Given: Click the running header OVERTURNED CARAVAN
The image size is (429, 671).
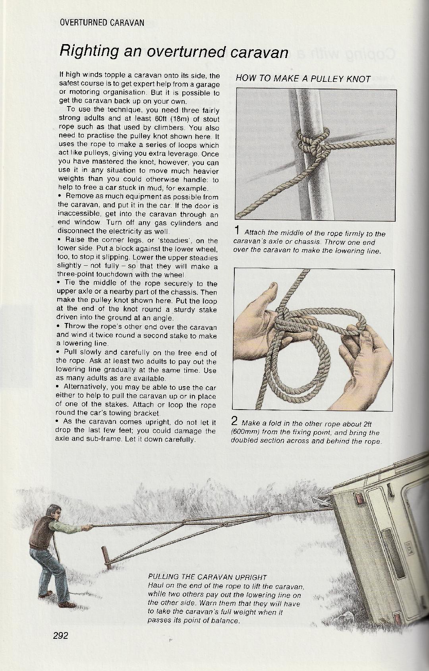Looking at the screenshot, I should click(x=102, y=23).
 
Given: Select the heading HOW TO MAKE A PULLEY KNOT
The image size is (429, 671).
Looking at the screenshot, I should click(x=303, y=78).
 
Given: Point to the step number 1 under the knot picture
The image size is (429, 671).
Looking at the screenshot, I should click(x=237, y=230).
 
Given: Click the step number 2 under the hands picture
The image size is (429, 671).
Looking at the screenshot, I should click(x=234, y=421).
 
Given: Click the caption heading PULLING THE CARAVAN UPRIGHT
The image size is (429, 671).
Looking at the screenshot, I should click(x=207, y=577).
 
